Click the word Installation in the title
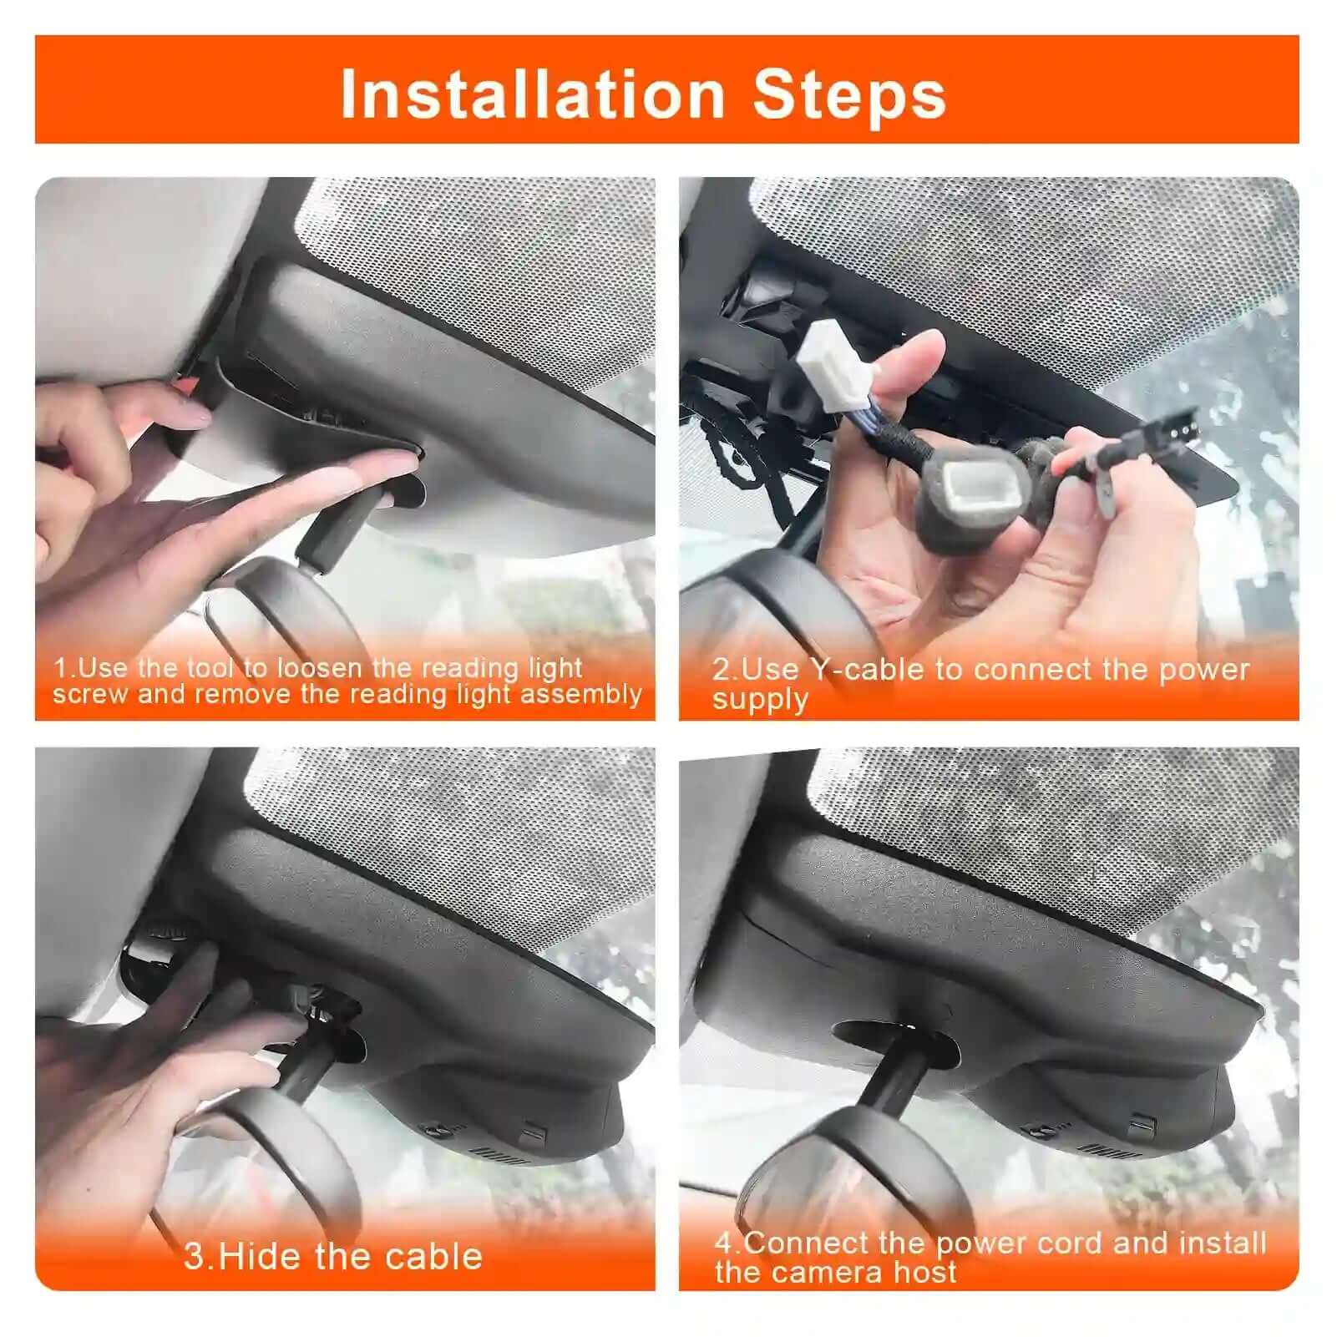click(532, 94)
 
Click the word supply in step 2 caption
click(759, 700)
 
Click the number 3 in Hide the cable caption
click(194, 1257)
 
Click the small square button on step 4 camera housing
click(1141, 1125)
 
